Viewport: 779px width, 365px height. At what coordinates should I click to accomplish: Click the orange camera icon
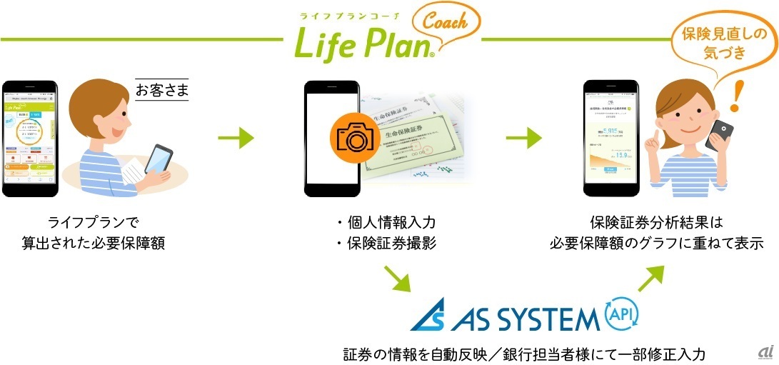click(x=351, y=139)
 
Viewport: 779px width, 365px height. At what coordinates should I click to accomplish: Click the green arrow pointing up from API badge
click(x=651, y=277)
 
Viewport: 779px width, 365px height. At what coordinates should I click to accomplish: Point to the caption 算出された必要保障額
click(x=93, y=244)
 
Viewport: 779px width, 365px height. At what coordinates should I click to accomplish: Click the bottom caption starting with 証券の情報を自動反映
click(x=524, y=354)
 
